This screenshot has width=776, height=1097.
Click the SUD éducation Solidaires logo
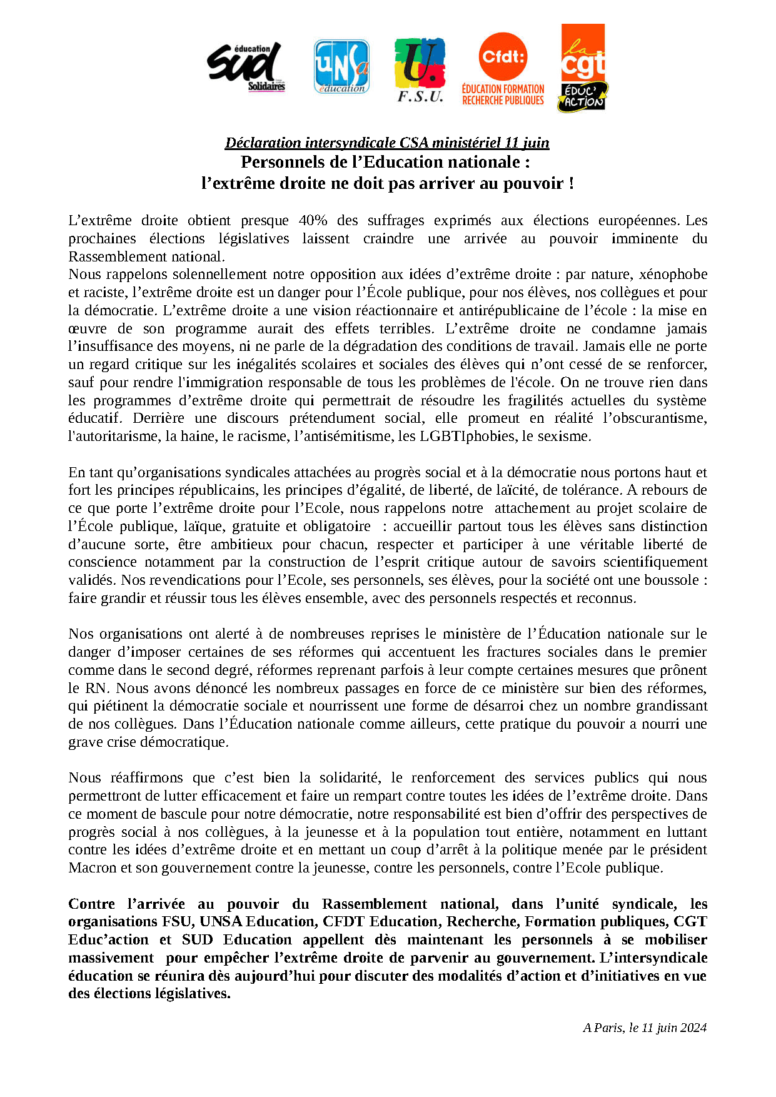pyautogui.click(x=246, y=67)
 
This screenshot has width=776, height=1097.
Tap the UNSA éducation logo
pyautogui.click(x=341, y=67)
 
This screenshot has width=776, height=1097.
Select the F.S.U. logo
pyautogui.click(x=420, y=70)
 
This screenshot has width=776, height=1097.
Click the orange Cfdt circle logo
pyautogui.click(x=503, y=57)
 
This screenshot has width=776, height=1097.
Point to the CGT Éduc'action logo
pyautogui.click(x=582, y=68)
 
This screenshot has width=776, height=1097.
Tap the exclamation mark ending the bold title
pyautogui.click(x=570, y=184)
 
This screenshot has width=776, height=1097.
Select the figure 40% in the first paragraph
pyautogui.click(x=313, y=220)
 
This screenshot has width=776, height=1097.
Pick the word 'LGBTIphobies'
pyautogui.click(x=468, y=436)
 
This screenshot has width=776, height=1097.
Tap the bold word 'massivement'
pyautogui.click(x=111, y=958)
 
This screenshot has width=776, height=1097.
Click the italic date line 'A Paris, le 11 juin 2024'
pyautogui.click(x=645, y=1028)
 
